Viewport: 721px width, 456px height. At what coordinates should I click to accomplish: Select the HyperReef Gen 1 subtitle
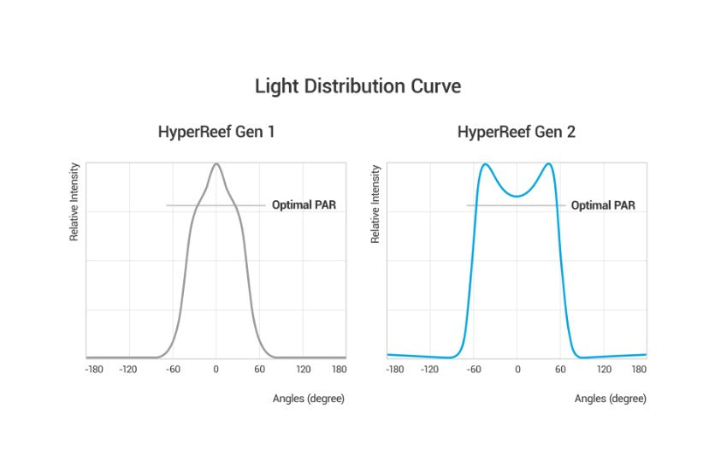pos(216,133)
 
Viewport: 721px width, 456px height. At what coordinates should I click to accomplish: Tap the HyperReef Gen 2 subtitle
pos(516,133)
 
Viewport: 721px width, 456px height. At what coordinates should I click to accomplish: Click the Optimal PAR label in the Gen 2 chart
pos(603,205)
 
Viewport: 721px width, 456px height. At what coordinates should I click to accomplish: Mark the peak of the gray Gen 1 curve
pos(216,164)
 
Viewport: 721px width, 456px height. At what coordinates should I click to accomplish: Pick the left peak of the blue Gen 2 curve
pos(484,164)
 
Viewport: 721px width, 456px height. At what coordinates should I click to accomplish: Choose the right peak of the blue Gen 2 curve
pos(548,164)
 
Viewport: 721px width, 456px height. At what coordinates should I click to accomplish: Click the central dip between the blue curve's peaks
pos(517,196)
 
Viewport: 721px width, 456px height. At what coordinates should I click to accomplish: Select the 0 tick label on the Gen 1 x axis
pos(216,370)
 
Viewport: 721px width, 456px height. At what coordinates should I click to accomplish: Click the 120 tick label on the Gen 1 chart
pos(303,370)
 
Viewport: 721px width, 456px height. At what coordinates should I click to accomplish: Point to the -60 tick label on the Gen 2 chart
pos(473,370)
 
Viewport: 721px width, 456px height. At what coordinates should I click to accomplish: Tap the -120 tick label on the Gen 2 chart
pos(429,370)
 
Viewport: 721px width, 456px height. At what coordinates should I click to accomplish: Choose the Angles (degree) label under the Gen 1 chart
pos(309,399)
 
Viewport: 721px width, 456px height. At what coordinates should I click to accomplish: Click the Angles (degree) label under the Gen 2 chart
pos(610,399)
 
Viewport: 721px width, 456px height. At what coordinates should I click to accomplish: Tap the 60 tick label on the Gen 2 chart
pos(560,370)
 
